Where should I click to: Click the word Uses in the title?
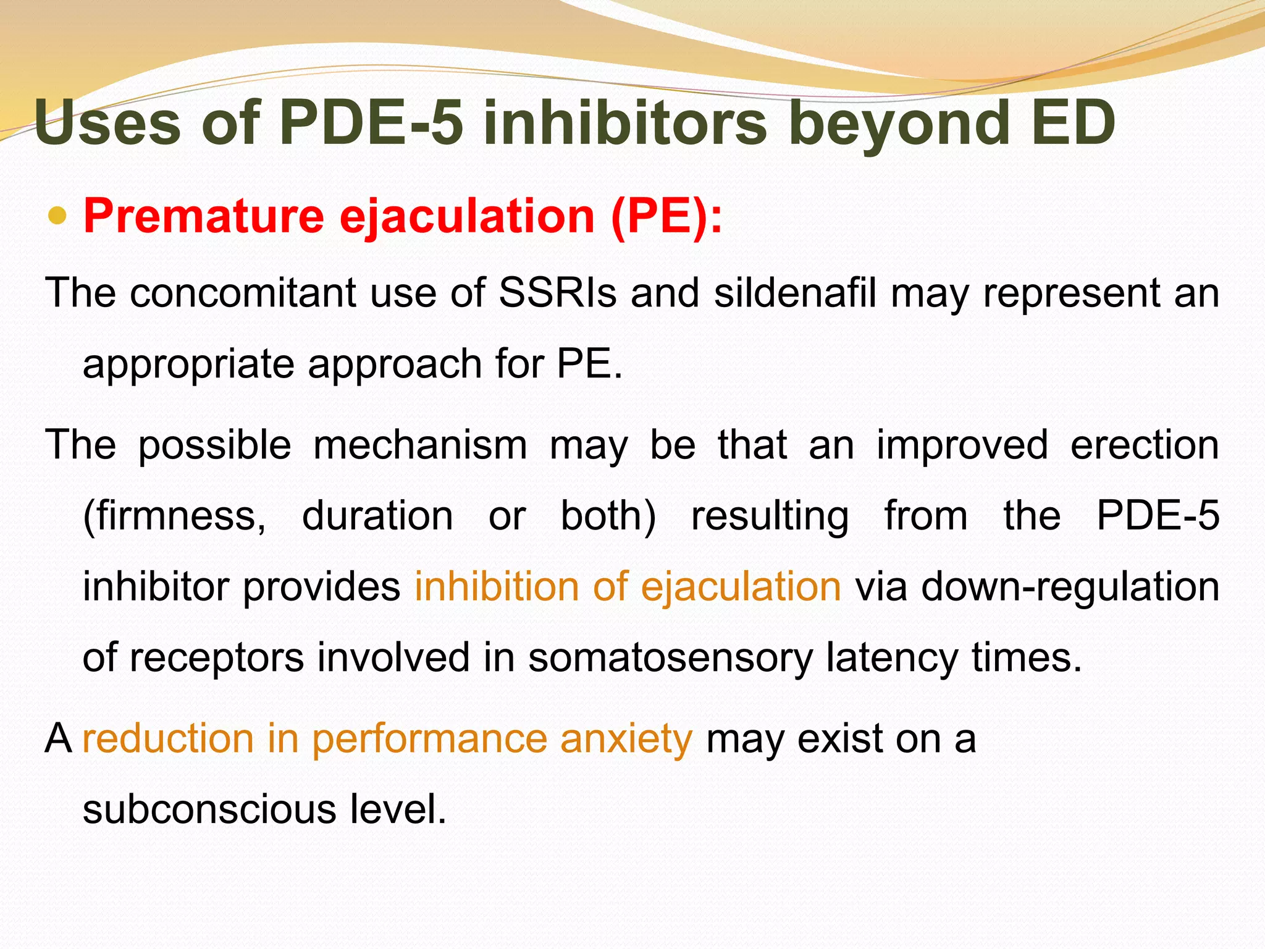(x=107, y=123)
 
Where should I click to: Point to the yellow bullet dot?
(x=57, y=216)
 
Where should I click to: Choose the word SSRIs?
(x=557, y=292)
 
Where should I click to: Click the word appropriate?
(x=188, y=364)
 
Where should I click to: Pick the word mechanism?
(x=420, y=445)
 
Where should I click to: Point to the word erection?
(x=1145, y=445)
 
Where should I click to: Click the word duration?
(x=377, y=516)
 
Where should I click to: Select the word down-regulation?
(x=1070, y=586)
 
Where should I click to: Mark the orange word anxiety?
(x=626, y=739)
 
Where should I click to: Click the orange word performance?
(x=429, y=739)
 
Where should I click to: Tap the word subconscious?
(x=209, y=809)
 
